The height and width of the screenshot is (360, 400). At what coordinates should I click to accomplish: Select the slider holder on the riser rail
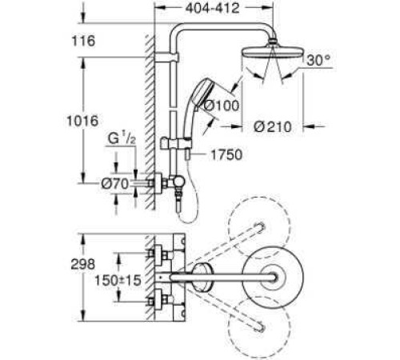pos(174,145)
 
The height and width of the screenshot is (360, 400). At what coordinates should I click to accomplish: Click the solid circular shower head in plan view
pos(275,277)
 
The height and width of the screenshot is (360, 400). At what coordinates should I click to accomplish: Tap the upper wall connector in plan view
pos(157,254)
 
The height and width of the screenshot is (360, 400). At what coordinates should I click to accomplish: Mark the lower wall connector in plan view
pos(157,301)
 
